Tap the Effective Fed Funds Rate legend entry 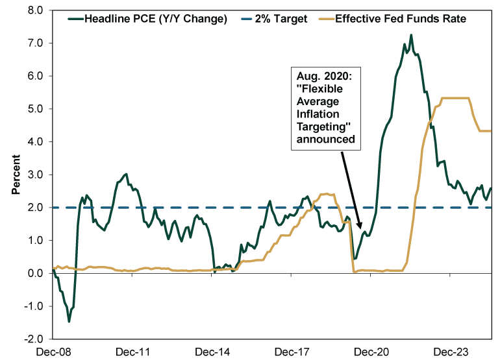coord(400,19)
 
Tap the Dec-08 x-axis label coord(53,352)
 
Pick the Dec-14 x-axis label coord(213,352)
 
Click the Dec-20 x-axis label coord(370,352)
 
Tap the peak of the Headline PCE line coord(411,35)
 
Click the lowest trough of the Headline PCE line coord(69,321)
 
